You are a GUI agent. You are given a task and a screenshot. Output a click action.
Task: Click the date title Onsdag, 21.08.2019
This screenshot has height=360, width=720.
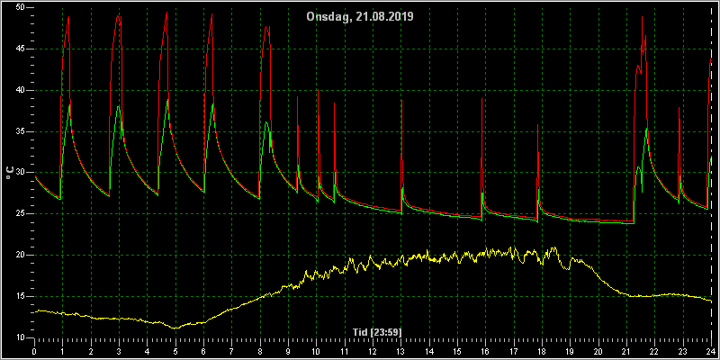pos(360,17)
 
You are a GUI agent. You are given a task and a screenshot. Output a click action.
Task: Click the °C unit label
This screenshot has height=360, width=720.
pos(10,173)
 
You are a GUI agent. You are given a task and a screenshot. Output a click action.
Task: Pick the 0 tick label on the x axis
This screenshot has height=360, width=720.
pos(34,352)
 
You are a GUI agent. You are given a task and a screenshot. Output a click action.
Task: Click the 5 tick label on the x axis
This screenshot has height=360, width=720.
pos(175,352)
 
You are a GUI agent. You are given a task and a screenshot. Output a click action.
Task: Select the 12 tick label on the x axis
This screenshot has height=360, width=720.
pos(373,352)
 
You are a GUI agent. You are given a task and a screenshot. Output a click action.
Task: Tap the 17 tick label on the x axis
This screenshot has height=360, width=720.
pos(513,352)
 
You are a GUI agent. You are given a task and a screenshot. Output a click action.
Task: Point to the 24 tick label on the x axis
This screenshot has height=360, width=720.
pos(710,352)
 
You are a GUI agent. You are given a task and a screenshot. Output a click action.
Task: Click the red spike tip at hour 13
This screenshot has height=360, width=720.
pos(401,100)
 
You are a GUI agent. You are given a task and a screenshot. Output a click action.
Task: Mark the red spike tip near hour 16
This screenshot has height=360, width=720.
pos(481,99)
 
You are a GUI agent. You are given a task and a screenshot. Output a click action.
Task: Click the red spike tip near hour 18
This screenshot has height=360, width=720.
pos(537,124)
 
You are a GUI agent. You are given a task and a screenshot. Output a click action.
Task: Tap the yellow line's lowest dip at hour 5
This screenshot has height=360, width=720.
pos(175,328)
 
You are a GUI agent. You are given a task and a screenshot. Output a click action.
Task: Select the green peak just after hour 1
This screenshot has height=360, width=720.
pos(69,105)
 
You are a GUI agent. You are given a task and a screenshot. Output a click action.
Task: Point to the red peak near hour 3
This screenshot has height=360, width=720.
pos(118,15)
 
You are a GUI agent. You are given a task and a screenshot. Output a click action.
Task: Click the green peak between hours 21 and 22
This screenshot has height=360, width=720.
pos(646,129)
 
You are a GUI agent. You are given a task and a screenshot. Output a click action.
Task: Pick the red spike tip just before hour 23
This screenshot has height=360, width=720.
pos(679,107)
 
